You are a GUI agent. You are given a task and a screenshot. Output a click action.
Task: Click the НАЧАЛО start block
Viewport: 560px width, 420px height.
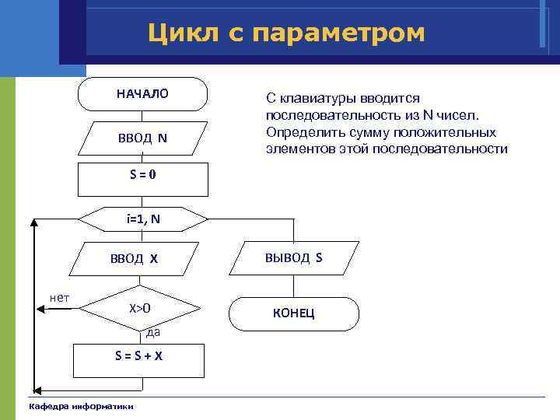click(x=142, y=94)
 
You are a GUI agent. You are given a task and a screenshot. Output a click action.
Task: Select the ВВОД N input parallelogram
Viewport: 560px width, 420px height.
click(x=142, y=138)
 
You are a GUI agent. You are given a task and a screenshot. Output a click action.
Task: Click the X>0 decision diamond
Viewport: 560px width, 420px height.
click(x=140, y=309)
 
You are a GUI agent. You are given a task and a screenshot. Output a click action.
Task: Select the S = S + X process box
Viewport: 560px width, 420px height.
click(x=139, y=355)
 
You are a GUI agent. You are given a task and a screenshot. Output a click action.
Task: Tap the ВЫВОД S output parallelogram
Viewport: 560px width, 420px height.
click(x=293, y=257)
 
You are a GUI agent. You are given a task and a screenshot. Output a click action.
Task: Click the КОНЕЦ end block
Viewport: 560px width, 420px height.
click(x=293, y=313)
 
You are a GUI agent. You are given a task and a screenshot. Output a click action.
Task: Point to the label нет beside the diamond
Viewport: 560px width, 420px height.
click(x=58, y=297)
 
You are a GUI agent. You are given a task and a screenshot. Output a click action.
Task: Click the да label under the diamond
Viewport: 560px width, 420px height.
click(x=153, y=333)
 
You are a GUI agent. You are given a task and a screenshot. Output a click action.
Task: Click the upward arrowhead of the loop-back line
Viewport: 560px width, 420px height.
click(x=34, y=224)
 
